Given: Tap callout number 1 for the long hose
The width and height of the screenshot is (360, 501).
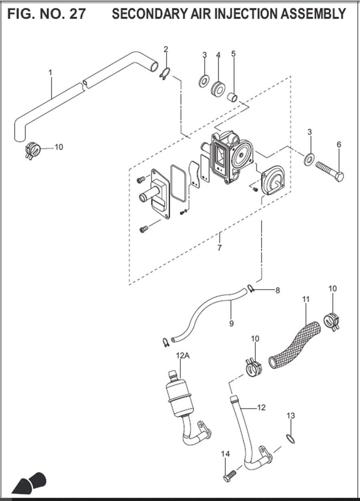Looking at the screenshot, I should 50,73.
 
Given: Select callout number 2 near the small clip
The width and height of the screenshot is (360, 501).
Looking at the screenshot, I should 166,49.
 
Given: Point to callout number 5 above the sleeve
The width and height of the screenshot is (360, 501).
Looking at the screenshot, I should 233,54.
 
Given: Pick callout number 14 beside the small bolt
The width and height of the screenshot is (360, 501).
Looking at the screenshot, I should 225,454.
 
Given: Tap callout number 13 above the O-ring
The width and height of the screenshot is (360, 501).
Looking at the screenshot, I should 291,416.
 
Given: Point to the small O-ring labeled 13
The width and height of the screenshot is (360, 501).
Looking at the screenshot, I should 291,438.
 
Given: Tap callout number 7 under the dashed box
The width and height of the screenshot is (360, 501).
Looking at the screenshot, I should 219,248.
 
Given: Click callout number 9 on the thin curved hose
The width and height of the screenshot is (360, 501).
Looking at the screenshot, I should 231,323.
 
